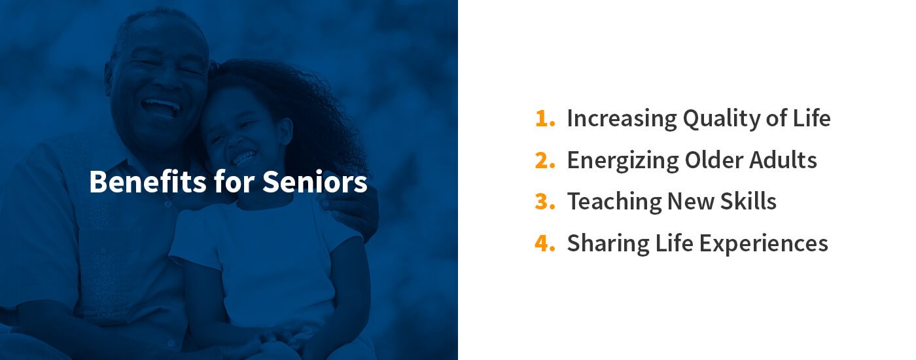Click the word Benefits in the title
[148, 181]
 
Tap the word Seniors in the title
[315, 182]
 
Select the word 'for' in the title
[234, 181]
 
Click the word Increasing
[622, 119]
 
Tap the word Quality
[721, 119]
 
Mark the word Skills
[748, 201]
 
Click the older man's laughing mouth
[161, 107]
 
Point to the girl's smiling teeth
[245, 158]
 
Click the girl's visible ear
[285, 132]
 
